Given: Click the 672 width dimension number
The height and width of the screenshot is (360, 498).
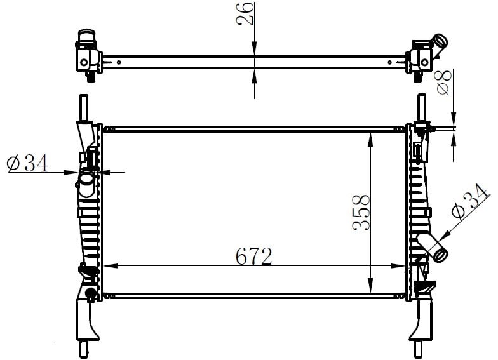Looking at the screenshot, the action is tap(254, 257).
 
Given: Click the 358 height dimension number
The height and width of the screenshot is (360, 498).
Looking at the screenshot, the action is tap(361, 213).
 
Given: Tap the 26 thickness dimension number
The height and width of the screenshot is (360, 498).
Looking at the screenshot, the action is tap(245, 13).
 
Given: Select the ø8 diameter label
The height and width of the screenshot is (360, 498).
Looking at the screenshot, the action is tap(444, 83).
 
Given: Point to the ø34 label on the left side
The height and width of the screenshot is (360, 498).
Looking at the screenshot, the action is tap(27, 163).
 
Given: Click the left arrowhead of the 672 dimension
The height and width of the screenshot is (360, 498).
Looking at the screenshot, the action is tap(110, 265).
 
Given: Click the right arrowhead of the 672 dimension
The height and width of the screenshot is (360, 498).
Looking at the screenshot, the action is tap(399, 265).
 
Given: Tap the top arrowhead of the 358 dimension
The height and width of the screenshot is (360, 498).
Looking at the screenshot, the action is tap(370, 140).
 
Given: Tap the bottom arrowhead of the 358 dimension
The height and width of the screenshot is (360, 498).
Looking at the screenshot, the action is tap(370, 284).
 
